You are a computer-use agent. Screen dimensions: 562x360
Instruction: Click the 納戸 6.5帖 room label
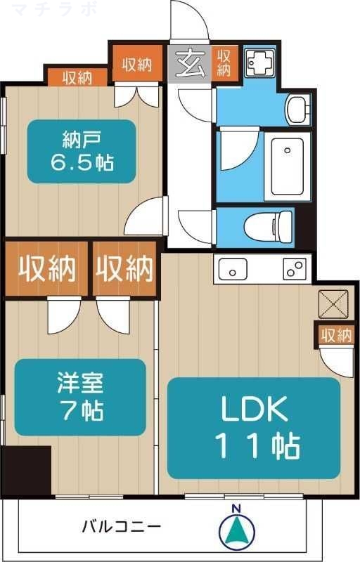[81, 151]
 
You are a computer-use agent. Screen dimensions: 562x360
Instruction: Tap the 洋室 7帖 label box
[80, 397]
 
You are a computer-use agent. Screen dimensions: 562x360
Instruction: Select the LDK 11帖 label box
[253, 428]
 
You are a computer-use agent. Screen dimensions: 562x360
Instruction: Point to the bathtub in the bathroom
[287, 166]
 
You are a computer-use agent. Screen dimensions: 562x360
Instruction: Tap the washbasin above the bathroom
[297, 109]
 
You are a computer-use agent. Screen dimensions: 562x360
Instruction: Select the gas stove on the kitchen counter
[295, 268]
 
